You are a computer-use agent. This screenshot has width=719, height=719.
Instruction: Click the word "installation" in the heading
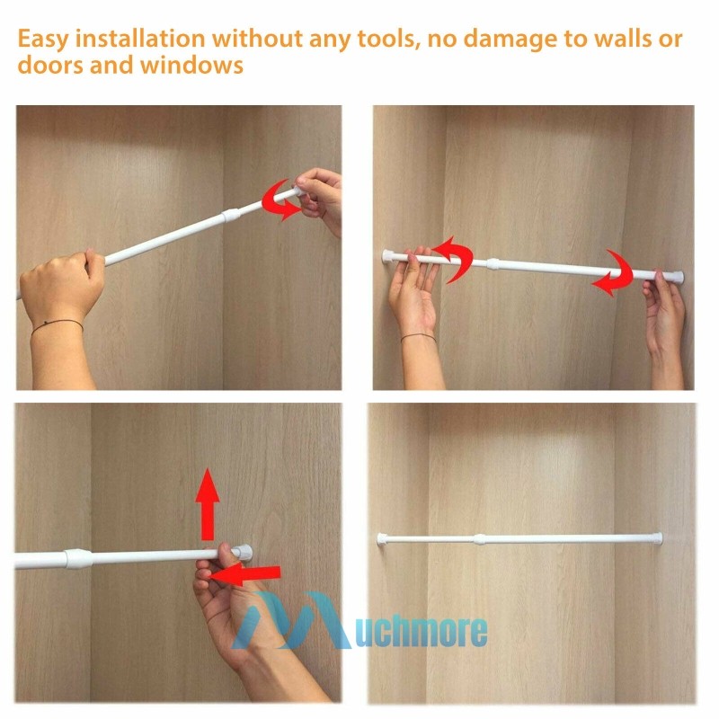pyautogui.click(x=140, y=38)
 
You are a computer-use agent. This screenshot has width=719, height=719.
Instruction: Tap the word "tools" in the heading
pyautogui.click(x=389, y=38)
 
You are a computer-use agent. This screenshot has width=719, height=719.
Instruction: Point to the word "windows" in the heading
pyautogui.click(x=191, y=65)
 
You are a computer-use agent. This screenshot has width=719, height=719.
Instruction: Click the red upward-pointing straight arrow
pyautogui.click(x=208, y=504)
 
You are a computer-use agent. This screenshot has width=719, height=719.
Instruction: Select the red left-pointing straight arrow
pyautogui.click(x=244, y=574)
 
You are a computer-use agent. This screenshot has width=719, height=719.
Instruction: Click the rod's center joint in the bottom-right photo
pyautogui.click(x=480, y=539)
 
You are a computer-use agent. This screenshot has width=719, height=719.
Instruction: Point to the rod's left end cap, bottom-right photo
pyautogui.click(x=381, y=538)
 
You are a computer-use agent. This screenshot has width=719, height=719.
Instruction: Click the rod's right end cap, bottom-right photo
pyautogui.click(x=659, y=538)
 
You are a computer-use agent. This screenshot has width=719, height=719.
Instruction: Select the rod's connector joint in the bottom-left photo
pyautogui.click(x=78, y=558)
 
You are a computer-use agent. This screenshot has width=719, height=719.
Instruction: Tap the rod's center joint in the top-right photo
pyautogui.click(x=493, y=263)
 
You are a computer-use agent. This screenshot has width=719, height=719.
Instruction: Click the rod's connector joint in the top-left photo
pyautogui.click(x=231, y=215)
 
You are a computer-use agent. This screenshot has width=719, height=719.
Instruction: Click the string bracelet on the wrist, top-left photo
pyautogui.click(x=57, y=325)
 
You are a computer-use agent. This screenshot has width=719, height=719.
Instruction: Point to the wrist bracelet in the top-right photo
pyautogui.click(x=418, y=338)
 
